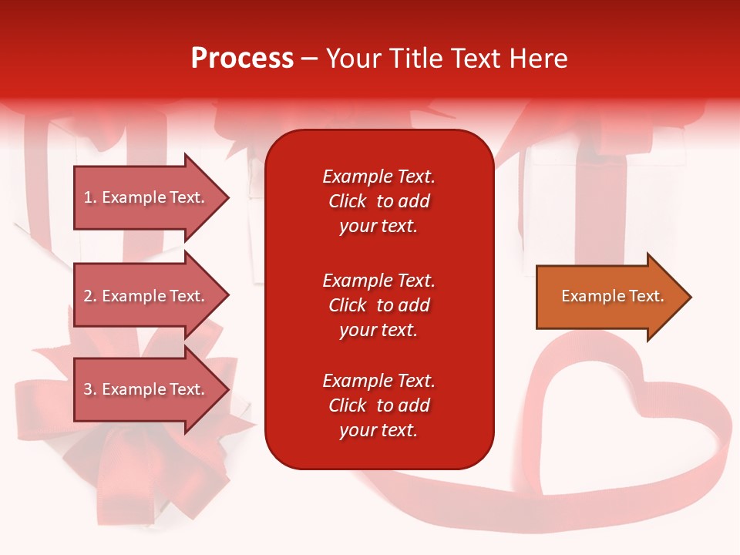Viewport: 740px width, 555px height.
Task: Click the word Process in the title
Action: pos(242,58)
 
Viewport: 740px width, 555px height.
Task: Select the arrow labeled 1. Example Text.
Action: pos(146,197)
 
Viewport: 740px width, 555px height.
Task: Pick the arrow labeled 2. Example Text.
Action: pos(146,296)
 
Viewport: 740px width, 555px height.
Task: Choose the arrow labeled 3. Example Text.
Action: pos(146,389)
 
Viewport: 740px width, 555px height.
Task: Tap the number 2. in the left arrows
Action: pos(90,296)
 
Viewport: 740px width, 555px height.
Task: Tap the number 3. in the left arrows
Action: pos(90,389)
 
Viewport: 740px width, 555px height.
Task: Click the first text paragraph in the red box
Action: pos(378,201)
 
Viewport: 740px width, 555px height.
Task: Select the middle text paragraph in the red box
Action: pos(378,305)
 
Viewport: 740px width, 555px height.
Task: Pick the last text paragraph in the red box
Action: pos(378,405)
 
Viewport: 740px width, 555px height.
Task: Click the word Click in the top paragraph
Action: pos(347,201)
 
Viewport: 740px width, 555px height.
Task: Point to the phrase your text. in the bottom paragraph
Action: pos(378,430)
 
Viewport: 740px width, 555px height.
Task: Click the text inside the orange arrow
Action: pos(612,296)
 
